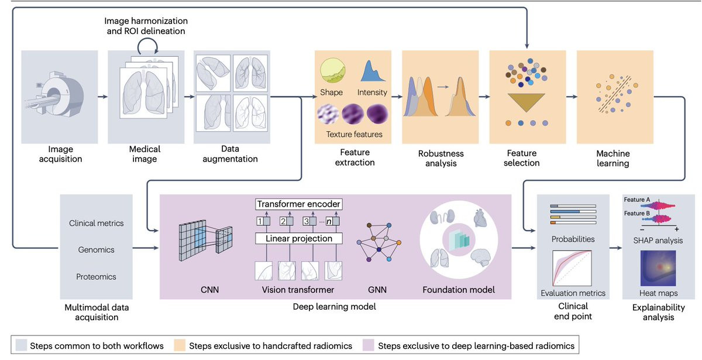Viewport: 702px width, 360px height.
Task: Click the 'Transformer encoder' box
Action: point(298,204)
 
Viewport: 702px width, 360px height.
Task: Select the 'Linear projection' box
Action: point(298,238)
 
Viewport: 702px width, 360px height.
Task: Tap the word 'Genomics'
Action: point(97,250)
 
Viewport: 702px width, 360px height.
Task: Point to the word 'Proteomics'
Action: point(97,276)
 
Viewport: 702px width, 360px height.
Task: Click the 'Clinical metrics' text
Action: point(97,223)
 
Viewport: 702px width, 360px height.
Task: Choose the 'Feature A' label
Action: point(637,200)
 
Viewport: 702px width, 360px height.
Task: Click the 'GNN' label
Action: point(378,289)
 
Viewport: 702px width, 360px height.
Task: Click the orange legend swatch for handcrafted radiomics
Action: point(179,345)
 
